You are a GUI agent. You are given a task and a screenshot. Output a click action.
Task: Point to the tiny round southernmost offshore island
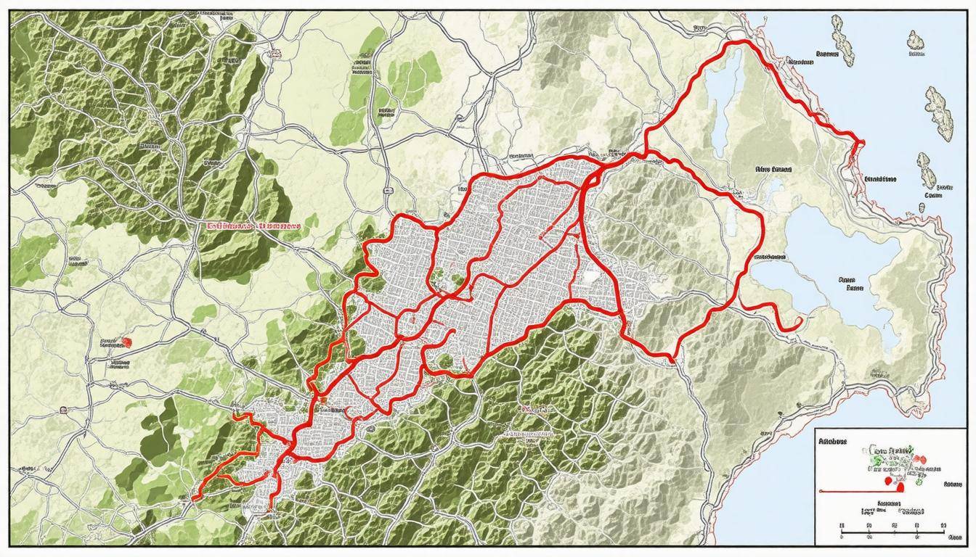click(x=922, y=207)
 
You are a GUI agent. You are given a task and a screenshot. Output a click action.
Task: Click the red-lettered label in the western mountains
click(x=253, y=226)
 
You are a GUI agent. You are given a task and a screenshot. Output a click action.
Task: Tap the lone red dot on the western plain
click(x=128, y=342)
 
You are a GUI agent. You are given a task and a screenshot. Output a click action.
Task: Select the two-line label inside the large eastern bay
click(x=849, y=283)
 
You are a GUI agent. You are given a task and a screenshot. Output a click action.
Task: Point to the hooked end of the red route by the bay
click(x=797, y=321)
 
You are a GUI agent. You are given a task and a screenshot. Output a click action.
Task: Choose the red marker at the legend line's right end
click(x=900, y=489)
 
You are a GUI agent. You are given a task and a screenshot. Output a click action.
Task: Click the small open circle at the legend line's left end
click(x=820, y=491)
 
